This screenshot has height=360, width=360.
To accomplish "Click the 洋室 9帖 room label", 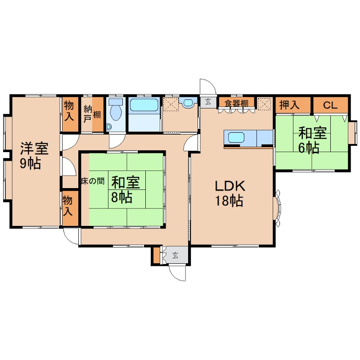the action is (x=34, y=156).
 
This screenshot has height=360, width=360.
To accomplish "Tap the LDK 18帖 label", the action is (x=230, y=193).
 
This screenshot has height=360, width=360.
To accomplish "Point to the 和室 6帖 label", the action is (x=312, y=140).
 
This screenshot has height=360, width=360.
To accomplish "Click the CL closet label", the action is (x=330, y=105).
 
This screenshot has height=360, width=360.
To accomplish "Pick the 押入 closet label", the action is (x=289, y=105).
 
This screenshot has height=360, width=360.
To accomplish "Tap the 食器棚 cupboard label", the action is (x=237, y=103).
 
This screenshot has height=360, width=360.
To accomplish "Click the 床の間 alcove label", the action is (x=93, y=181).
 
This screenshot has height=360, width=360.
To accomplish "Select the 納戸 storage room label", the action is (x=88, y=113).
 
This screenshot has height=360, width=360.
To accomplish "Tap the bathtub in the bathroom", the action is (x=144, y=105).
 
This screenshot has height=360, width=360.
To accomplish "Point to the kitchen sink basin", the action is (x=236, y=137).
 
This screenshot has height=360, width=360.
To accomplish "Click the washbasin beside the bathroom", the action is (x=188, y=103).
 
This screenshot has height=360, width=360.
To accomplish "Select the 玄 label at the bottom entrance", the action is (x=175, y=255).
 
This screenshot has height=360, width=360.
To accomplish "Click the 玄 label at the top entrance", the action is (x=208, y=102).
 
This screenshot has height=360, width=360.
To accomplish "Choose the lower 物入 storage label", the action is (x=67, y=206).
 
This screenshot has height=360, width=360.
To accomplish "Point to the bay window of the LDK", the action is (x=278, y=208).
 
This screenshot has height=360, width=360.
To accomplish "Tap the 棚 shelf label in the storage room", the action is (x=97, y=114).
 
